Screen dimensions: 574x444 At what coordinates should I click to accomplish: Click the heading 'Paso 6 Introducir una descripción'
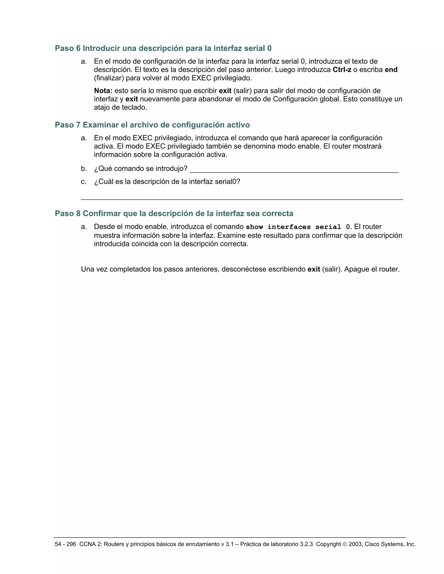pos(163,48)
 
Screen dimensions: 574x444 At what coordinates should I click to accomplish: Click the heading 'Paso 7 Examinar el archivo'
pos(152,125)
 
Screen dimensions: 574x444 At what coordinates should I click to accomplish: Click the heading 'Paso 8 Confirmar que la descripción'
pos(174,213)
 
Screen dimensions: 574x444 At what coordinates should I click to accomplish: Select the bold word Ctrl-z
pos(342,70)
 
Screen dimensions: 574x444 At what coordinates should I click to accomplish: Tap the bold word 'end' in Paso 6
pos(391,70)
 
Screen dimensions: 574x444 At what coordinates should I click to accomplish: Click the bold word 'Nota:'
pos(103,91)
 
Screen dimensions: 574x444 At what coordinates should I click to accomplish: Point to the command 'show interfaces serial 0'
pos(298,227)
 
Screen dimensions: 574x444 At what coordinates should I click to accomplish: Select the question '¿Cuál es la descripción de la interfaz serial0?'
pos(167,182)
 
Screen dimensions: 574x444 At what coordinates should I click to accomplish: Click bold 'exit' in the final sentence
pos(313,269)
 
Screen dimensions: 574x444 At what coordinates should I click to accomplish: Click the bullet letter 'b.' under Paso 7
pos(84,169)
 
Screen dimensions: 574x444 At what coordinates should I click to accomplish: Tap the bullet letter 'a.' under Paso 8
pos(84,227)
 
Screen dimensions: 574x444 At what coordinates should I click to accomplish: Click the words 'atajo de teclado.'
pos(121,107)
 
